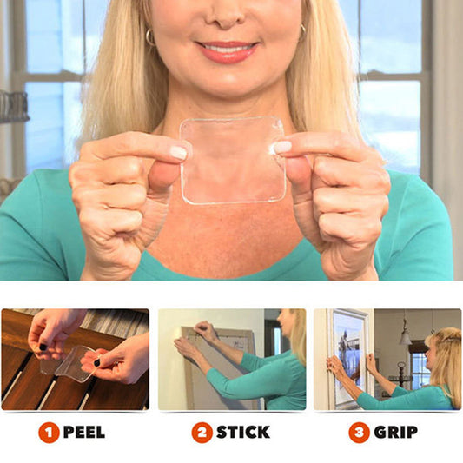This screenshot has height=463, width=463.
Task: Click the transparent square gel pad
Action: (x=232, y=161)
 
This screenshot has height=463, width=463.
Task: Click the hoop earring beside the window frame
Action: (x=149, y=37)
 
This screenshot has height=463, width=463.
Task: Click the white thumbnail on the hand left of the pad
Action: (x=178, y=153)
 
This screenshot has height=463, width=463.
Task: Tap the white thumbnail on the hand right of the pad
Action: (x=282, y=148)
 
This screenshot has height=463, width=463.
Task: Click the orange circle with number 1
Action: (x=49, y=432)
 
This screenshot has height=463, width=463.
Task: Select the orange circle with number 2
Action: (x=202, y=432)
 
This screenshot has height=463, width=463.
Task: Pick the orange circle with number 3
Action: (x=360, y=432)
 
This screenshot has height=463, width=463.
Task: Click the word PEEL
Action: (x=84, y=432)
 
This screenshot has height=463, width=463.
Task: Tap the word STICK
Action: (x=242, y=432)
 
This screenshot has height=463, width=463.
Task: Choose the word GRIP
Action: (x=396, y=432)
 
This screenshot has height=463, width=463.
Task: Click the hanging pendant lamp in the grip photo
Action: (x=405, y=336)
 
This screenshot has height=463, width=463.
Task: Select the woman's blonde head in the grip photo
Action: (x=445, y=352)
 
